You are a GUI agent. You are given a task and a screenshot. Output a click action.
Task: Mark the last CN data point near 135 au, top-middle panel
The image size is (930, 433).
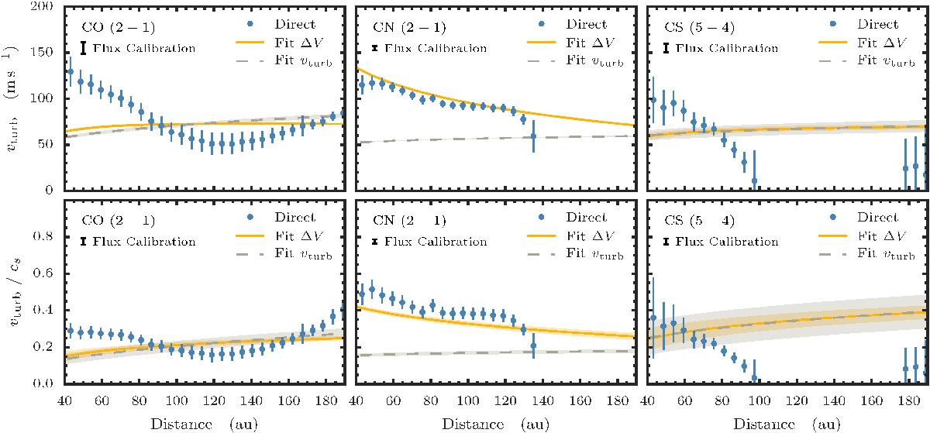tap(534, 136)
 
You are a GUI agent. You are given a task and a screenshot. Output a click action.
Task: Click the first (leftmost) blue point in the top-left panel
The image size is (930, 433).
tap(71, 72)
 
